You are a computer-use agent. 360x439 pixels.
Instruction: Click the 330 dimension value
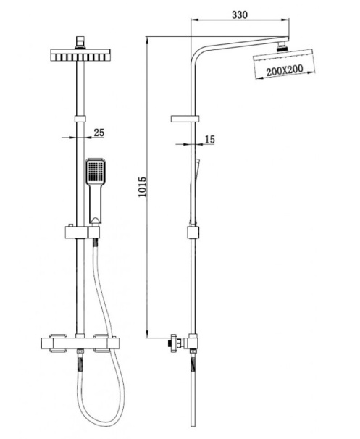[x=240, y=14]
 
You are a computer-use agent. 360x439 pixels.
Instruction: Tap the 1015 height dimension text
[x=143, y=187]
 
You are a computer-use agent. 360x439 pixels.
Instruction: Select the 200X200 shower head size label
[x=285, y=70]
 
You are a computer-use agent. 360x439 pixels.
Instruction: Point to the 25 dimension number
[x=99, y=133]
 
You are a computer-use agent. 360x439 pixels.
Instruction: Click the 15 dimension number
[x=209, y=139]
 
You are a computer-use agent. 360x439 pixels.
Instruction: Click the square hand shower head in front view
[x=96, y=172]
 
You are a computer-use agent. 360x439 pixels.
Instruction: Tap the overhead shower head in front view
[x=80, y=55]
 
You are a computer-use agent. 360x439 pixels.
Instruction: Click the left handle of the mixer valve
[x=59, y=343]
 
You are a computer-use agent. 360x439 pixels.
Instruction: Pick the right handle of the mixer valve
[x=101, y=343]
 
